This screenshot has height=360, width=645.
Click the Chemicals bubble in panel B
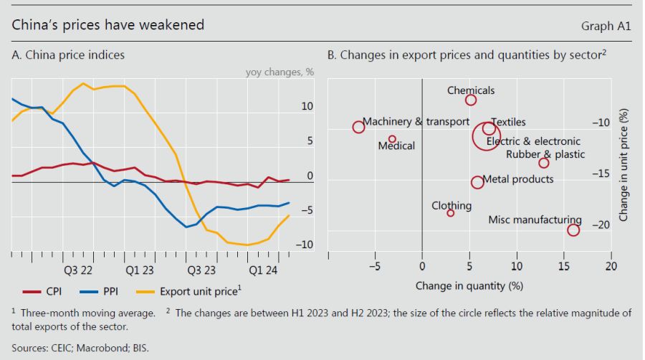coord(471,100)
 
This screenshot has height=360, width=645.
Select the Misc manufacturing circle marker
coord(573,229)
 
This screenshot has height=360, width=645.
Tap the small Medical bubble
coord(392,139)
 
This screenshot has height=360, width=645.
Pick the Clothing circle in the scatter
coord(451,213)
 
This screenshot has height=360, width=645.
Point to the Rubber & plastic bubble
coord(544,163)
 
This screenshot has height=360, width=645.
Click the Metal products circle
coord(477,182)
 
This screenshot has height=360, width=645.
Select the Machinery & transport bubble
coord(359,127)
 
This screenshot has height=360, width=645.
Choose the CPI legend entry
coord(42,292)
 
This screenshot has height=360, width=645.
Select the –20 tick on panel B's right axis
coord(601,224)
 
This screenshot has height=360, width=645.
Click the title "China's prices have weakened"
coord(108,25)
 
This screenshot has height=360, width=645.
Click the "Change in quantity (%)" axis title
coord(469,285)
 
